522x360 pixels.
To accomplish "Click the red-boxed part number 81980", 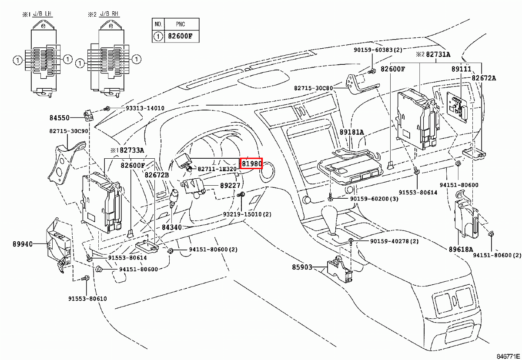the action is coord(251,163).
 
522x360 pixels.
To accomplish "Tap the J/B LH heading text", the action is coord(42,14).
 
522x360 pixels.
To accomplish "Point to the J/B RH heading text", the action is coord(109,14).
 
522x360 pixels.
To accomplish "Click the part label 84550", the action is coord(60,118).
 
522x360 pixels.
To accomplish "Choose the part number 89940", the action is coord(23,244).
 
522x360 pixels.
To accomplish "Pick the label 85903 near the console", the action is coord(302,267).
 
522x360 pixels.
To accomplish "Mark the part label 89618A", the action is coord(461,250).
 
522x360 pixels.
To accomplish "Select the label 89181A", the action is coord(351,132).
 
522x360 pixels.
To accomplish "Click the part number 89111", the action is coord(461,69).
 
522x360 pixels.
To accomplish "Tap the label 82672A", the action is coord(484,78).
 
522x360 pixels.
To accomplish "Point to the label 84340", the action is coord(172,227).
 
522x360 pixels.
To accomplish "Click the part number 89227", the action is coord(230,186).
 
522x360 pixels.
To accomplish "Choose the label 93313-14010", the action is coord(145,108).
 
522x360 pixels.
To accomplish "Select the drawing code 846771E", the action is coord(508,356).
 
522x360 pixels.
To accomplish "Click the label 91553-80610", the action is coord(87,299).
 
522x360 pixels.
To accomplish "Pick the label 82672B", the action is coord(157,175).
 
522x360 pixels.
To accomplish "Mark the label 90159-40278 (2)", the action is coord(395,241).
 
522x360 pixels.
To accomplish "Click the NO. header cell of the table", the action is coord(158,24).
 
